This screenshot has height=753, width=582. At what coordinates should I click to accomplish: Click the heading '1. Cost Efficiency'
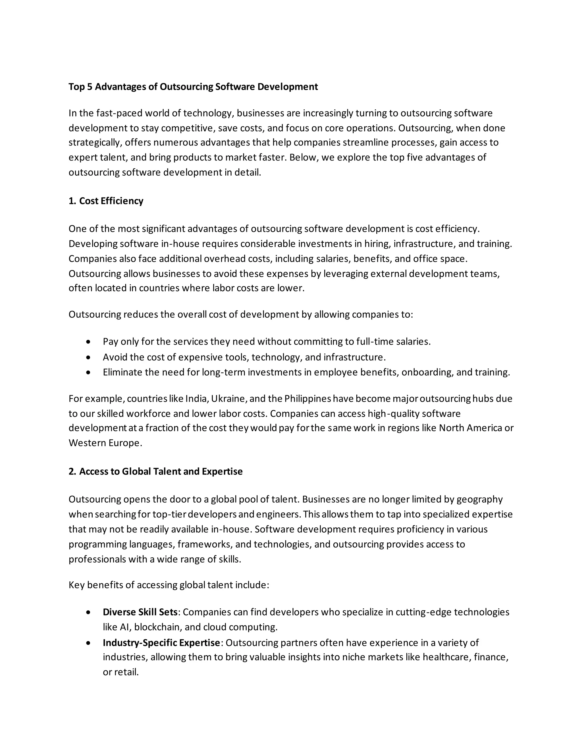(106, 201)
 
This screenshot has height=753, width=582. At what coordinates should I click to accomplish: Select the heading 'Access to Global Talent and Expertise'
(161, 471)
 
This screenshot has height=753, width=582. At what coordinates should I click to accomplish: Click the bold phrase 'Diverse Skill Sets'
(140, 612)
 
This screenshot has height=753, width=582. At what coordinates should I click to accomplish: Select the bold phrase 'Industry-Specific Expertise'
(161, 643)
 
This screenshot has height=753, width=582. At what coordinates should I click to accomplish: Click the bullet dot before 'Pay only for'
(89, 342)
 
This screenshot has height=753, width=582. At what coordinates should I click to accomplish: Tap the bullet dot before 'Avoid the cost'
(89, 357)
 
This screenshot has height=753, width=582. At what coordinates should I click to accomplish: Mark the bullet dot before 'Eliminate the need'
(89, 373)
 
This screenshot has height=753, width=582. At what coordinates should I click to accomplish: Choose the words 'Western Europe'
(105, 443)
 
